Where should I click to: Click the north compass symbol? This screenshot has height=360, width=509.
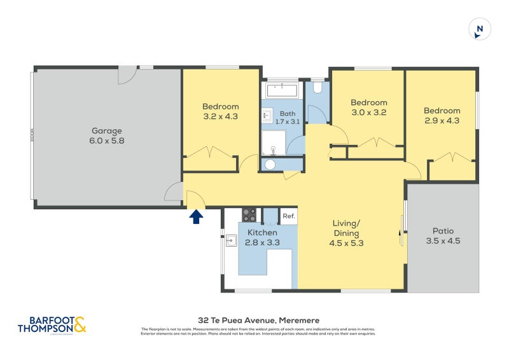click(x=480, y=29)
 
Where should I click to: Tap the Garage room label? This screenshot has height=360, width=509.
click(x=106, y=131)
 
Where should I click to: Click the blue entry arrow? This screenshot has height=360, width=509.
click(x=196, y=216)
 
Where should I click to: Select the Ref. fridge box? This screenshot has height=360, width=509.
click(x=288, y=216)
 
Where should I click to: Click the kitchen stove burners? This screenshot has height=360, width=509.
click(x=249, y=215)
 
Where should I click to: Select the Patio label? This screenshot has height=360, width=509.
click(x=443, y=231)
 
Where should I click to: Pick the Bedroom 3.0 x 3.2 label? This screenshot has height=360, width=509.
click(x=368, y=107)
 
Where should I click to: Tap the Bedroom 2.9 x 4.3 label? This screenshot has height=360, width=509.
click(x=442, y=115)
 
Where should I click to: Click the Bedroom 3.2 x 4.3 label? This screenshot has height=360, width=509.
click(x=220, y=111)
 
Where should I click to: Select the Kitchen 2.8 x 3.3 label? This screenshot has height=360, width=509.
click(x=262, y=237)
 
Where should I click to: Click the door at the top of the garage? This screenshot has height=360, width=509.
click(x=126, y=74)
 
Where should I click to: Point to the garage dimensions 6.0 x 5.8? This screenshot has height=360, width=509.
click(x=106, y=141)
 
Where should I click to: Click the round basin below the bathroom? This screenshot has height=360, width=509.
click(x=270, y=165)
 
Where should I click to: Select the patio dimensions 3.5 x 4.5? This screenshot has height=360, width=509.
click(x=443, y=241)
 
